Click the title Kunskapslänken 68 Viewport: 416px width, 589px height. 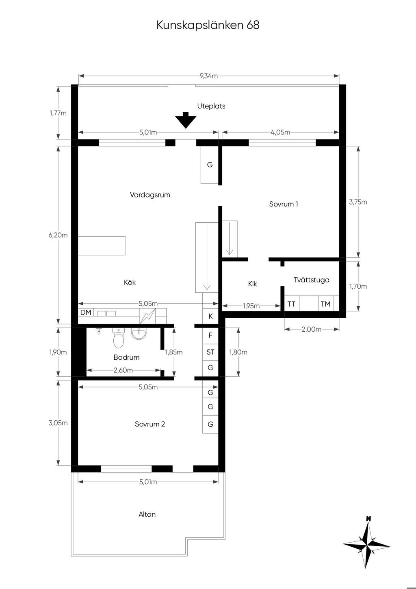tap(208, 25)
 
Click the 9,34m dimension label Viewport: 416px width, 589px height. tap(209, 76)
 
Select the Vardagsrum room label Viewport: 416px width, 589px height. tap(150, 195)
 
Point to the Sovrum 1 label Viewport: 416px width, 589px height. tap(284, 204)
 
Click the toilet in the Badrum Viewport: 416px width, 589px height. tap(119, 338)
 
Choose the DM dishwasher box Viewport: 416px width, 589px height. tap(86, 312)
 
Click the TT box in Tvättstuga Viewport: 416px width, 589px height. tap(292, 304)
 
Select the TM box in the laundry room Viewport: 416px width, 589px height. tap(326, 304)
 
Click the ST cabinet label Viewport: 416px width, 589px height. tap(210, 352)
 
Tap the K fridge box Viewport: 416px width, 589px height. tap(210, 316)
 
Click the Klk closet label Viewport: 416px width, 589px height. tap(252, 284)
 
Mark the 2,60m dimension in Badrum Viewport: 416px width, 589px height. tap(123, 370)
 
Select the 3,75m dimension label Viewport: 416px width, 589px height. tap(358, 202)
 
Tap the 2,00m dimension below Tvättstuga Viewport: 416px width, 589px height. tap(312, 329)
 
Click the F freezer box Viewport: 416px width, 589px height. tap(210, 335)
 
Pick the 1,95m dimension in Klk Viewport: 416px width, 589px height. tap(251, 306)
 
